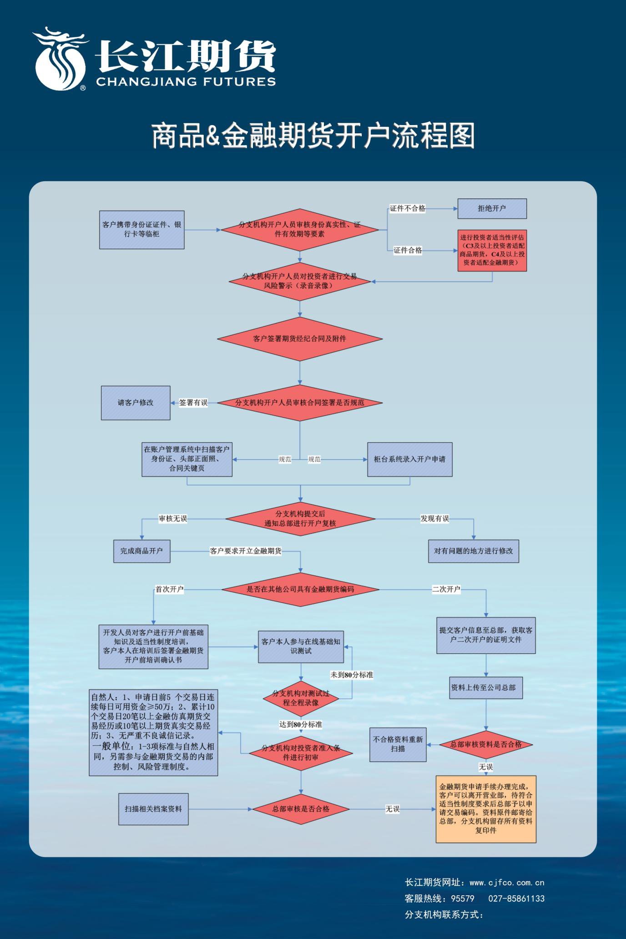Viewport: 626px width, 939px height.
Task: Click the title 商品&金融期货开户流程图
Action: pyautogui.click(x=313, y=136)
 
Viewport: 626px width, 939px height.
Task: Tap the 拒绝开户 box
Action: pyautogui.click(x=492, y=208)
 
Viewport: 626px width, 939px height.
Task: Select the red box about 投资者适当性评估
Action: pyautogui.click(x=492, y=250)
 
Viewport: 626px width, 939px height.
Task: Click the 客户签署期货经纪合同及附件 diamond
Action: pyautogui.click(x=299, y=338)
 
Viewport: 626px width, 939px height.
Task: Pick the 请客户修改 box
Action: pyautogui.click(x=136, y=403)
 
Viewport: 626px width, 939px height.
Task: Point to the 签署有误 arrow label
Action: pyautogui.click(x=193, y=403)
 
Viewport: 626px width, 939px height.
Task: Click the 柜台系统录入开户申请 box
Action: pyautogui.click(x=409, y=459)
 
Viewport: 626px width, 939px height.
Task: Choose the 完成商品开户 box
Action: pyautogui.click(x=141, y=551)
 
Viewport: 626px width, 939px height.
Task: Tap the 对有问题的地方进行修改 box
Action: pyautogui.click(x=473, y=551)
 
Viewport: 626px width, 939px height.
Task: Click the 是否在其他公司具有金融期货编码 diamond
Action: pyautogui.click(x=300, y=589)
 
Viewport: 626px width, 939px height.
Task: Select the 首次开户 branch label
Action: pyautogui.click(x=170, y=589)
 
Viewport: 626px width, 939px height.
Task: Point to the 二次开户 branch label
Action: pyautogui.click(x=446, y=589)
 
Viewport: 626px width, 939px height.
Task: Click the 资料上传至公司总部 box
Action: pyautogui.click(x=485, y=687)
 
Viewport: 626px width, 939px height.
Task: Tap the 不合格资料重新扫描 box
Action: pyautogui.click(x=398, y=744)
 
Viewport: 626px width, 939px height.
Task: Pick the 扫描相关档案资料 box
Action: pyautogui.click(x=153, y=809)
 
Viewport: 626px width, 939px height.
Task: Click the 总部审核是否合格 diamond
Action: pyautogui.click(x=301, y=809)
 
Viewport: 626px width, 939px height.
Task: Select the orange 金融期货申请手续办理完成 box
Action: pyautogui.click(x=486, y=809)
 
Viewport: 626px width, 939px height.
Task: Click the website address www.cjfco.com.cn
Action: pyautogui.click(x=507, y=883)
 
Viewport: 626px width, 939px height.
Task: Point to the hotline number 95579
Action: pyautogui.click(x=463, y=899)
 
